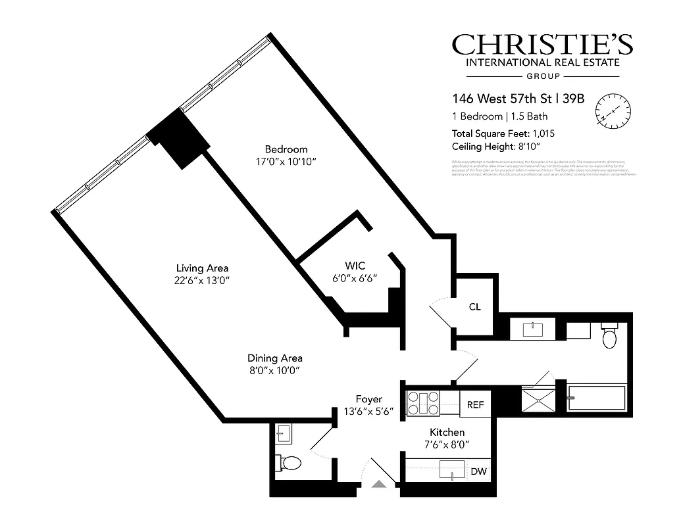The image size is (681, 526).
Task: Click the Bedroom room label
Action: pos(286,149)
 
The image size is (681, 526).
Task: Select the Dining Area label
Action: pos(275,358)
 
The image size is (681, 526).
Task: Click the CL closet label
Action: pos(475,306)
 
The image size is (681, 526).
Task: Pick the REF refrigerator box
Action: pos(475,405)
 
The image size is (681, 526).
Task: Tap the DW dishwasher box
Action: pos(478,471)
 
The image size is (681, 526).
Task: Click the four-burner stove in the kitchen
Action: pos(424,403)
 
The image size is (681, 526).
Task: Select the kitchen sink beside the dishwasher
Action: pos(452,471)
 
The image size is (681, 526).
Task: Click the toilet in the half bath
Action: pos(288,463)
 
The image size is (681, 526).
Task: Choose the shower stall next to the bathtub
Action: pos(538,399)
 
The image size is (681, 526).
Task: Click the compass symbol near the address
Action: pos(613,109)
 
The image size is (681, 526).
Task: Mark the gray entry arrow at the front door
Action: pos(380,485)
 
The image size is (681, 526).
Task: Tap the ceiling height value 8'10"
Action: pos(540,147)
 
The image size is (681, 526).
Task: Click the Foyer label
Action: pos(368,399)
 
